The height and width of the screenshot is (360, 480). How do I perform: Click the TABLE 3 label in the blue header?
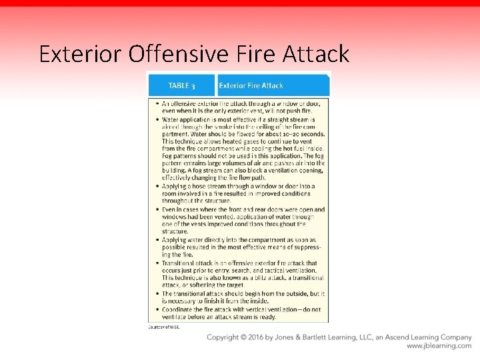pos(181,85)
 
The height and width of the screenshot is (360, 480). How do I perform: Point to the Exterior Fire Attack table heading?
pos(251,85)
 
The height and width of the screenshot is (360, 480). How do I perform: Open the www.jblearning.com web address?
pos(439,346)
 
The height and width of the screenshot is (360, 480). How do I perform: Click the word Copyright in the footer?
pos(225,337)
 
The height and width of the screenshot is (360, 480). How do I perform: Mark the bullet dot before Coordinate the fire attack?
pos(157,309)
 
